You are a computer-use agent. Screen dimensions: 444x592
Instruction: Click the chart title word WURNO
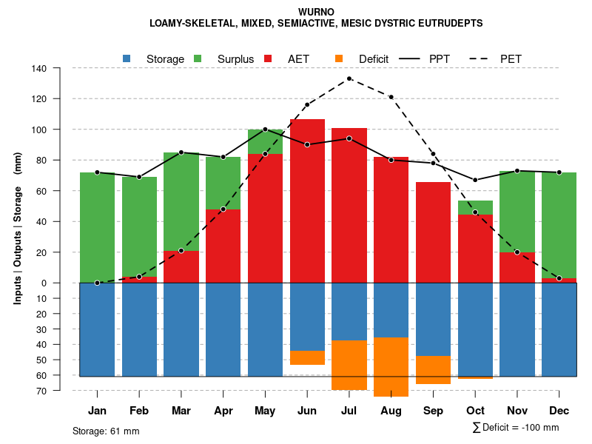pyautogui.click(x=316, y=13)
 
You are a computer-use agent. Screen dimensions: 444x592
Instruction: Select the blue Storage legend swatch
pyautogui.click(x=127, y=58)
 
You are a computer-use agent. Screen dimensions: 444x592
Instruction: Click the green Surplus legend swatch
pyautogui.click(x=198, y=58)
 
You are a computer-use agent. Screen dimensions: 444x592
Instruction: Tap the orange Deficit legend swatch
pyautogui.click(x=340, y=58)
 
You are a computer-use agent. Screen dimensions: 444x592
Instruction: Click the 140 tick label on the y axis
pyautogui.click(x=39, y=69)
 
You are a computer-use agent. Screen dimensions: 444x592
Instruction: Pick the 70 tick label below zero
pyautogui.click(x=41, y=390)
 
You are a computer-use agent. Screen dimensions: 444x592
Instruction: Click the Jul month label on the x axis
pyautogui.click(x=349, y=411)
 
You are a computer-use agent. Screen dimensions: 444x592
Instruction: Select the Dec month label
pyautogui.click(x=559, y=411)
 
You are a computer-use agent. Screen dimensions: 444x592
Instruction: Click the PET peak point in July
pyautogui.click(x=349, y=78)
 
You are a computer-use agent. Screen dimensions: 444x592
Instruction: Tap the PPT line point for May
pyautogui.click(x=265, y=129)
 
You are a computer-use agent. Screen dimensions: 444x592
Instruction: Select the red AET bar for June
pyautogui.click(x=307, y=200)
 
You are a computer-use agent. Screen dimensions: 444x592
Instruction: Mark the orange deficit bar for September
pyautogui.click(x=434, y=370)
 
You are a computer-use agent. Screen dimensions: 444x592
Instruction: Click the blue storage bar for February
pyautogui.click(x=139, y=329)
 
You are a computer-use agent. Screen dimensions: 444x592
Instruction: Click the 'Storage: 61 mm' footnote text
pyautogui.click(x=106, y=431)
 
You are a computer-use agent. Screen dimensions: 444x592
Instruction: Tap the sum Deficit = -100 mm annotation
pyautogui.click(x=515, y=428)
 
